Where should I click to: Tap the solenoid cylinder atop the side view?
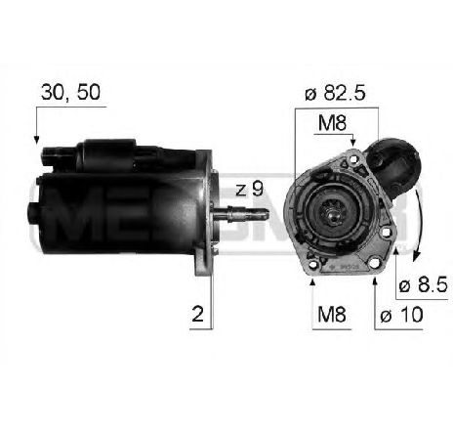112,151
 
